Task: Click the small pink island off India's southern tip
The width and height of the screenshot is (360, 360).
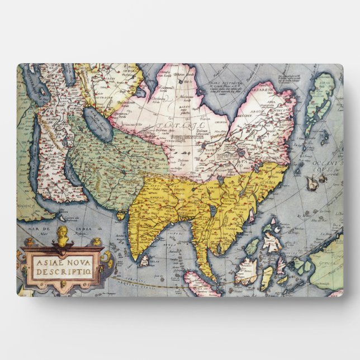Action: click(x=143, y=259)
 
